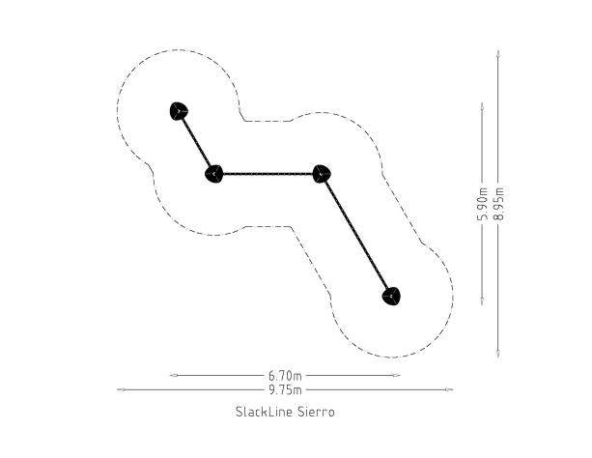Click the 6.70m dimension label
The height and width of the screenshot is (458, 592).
285,376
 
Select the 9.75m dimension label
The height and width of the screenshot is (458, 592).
285,389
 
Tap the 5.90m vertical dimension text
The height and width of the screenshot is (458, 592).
483,203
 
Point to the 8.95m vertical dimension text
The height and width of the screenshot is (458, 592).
498,203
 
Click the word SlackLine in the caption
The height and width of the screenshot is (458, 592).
264,412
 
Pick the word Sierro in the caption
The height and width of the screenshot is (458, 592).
316,412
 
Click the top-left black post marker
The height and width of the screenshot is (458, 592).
179,111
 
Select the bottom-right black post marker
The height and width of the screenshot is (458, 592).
391,297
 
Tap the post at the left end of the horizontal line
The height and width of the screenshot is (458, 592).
214,174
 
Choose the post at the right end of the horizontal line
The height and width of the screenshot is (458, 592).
322,174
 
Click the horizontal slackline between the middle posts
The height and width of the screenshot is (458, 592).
268,174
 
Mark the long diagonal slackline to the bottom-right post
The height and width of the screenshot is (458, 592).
356,235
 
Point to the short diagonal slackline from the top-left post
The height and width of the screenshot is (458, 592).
196,142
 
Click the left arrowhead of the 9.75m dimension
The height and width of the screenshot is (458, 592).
121,389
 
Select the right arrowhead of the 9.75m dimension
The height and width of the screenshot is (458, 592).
449,389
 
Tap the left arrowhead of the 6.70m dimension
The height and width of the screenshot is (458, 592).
174,376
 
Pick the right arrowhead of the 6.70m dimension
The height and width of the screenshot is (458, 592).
396,376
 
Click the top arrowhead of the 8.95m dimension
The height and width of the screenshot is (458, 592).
498,54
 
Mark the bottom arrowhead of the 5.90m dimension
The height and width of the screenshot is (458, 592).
482,301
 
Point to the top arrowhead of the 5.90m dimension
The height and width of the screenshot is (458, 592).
482,106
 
